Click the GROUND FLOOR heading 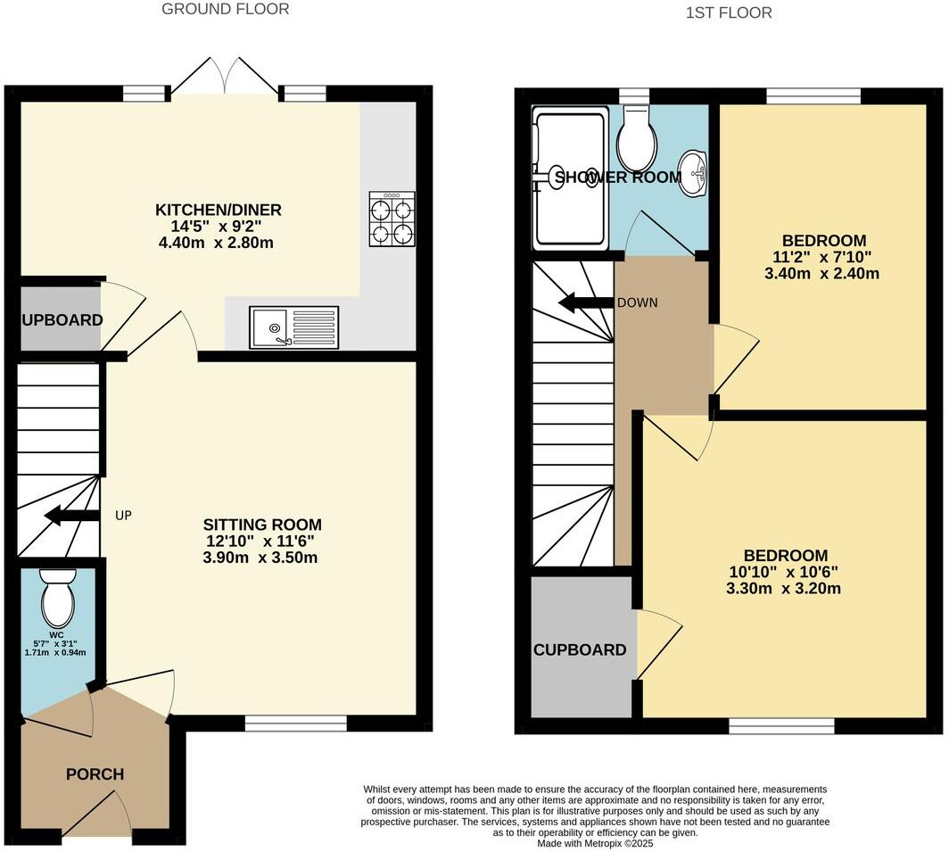tap(225, 10)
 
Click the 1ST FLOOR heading tap(729, 12)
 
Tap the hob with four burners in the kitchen tap(391, 220)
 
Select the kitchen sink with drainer tap(294, 327)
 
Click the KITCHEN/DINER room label tap(219, 211)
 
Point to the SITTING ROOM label tap(262, 525)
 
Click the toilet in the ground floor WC tap(59, 600)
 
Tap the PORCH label tap(95, 774)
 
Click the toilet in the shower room tap(637, 140)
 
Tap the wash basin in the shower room tap(693, 171)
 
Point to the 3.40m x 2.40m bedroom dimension tap(822, 274)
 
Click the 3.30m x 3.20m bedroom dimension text tap(783, 589)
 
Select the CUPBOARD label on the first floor tap(580, 649)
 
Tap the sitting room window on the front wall tap(295, 724)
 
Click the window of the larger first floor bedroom tap(782, 725)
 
